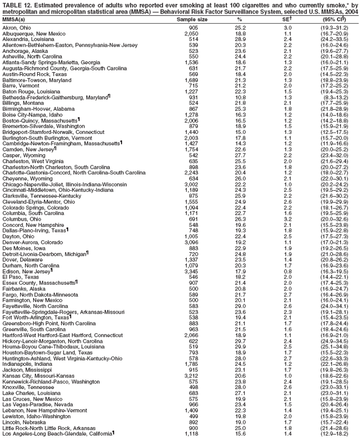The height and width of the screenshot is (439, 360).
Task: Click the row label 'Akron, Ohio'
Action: pyautogui.click(x=16, y=28)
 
